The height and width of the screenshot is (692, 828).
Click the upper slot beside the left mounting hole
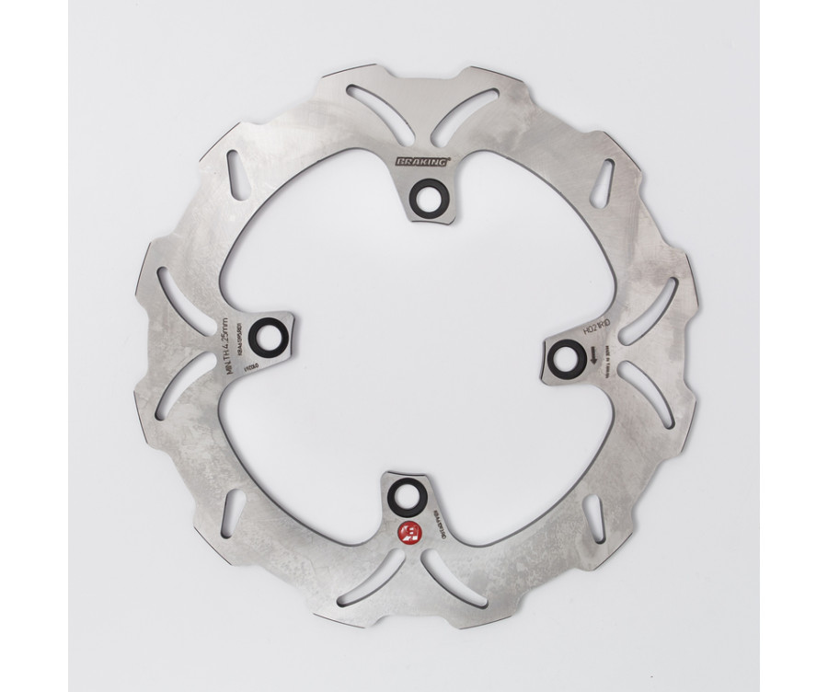click(185, 300)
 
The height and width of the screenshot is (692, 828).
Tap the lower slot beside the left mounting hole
click(183, 386)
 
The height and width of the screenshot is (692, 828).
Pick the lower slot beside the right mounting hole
click(647, 393)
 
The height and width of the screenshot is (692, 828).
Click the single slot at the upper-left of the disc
click(236, 175)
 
